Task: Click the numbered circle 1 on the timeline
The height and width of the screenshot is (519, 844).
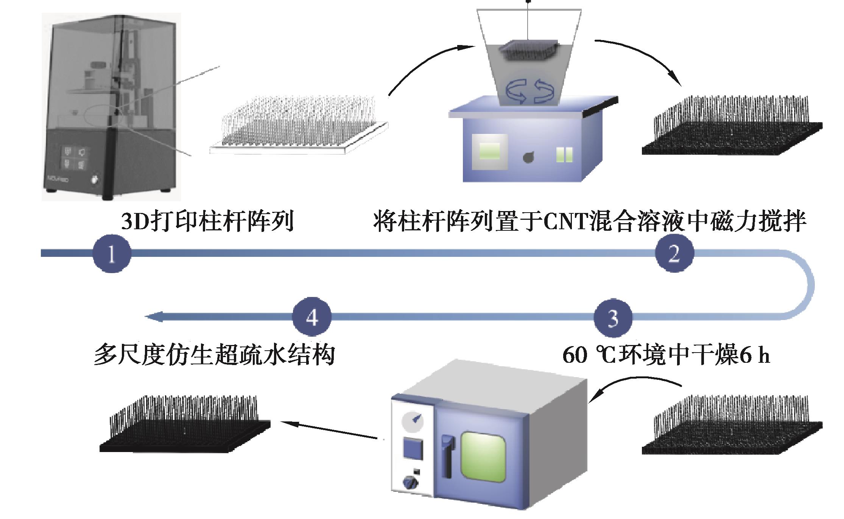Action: tap(112, 253)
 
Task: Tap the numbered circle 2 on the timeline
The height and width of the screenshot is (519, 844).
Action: tap(674, 253)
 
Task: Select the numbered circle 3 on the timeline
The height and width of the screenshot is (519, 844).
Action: tap(613, 318)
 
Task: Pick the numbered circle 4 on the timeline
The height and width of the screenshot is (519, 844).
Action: tap(312, 317)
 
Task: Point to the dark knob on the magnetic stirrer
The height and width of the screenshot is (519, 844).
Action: tap(528, 157)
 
